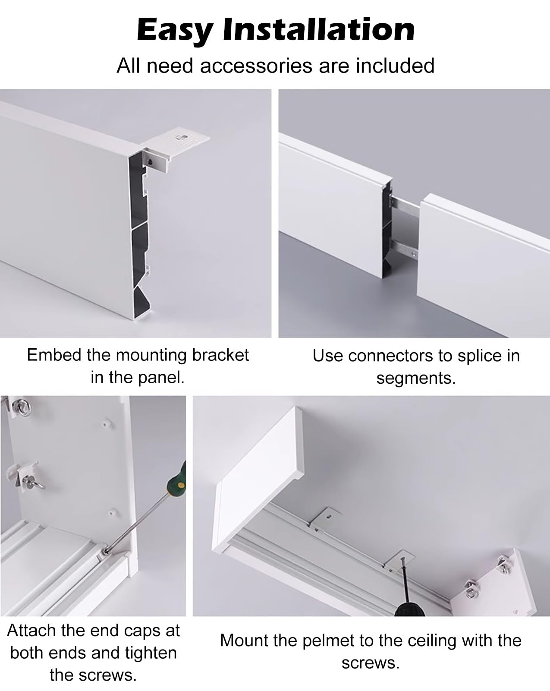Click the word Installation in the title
318,29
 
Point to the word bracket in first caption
220,355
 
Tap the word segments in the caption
415,378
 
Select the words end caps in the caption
124,631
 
